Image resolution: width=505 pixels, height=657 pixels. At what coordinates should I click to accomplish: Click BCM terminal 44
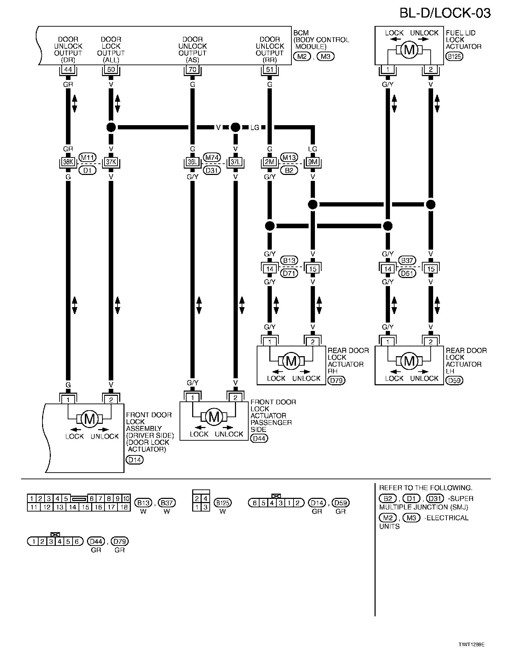[68, 69]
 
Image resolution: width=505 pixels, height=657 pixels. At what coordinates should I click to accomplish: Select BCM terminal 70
[193, 69]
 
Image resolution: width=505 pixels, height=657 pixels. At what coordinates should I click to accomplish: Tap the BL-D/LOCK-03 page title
[445, 13]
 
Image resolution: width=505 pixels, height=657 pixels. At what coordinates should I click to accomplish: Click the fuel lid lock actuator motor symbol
[409, 50]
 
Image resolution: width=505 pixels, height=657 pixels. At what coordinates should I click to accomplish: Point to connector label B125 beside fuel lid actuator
[454, 56]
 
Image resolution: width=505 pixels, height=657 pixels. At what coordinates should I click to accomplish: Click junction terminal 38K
[68, 162]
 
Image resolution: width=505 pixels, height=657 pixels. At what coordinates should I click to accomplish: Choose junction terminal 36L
[193, 162]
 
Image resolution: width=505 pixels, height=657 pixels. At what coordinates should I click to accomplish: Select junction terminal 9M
[312, 162]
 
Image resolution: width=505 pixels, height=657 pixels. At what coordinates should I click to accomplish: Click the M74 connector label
[212, 157]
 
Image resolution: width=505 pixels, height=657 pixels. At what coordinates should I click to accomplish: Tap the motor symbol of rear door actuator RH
[291, 361]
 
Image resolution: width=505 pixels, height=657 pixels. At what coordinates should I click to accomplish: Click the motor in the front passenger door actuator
[214, 416]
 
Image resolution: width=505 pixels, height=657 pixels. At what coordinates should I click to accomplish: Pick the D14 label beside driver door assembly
[135, 460]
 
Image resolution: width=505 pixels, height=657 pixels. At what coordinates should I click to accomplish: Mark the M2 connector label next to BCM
[302, 56]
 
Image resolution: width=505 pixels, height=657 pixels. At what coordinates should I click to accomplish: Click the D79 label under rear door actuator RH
[336, 380]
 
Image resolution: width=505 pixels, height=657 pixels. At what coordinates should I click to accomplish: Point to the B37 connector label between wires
[407, 260]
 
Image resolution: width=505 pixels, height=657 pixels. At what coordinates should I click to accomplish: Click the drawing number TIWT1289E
[471, 644]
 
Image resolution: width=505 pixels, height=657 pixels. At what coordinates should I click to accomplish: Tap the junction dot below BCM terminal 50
[111, 127]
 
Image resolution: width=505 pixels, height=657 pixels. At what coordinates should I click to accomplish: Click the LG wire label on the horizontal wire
[255, 128]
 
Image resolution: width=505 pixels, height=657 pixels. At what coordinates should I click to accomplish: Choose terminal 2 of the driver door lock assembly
[111, 400]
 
